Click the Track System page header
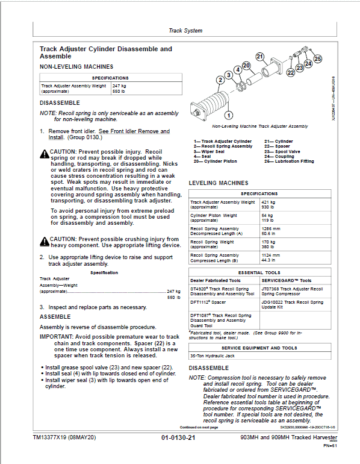coord(185,31)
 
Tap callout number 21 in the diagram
coord(260,57)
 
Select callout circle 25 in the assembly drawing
coord(318,58)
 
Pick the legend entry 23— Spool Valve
coord(280,151)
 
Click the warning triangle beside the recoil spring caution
coord(44,154)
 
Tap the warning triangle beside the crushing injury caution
coord(44,242)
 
